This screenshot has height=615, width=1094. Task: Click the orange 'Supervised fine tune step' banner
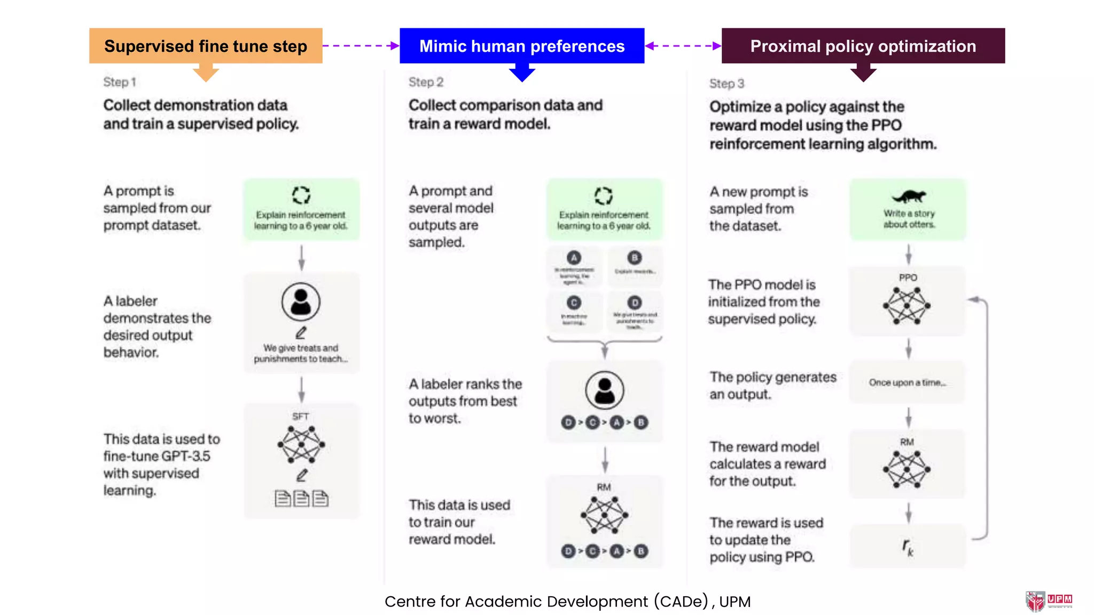pos(206,46)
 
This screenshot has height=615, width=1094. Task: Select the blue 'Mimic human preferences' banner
pos(521,46)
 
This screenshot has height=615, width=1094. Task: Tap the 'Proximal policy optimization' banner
pos(863,46)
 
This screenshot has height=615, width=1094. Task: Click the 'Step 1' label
pos(120,82)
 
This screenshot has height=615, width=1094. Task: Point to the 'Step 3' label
pos(726,84)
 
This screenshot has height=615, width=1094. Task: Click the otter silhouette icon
pos(909,196)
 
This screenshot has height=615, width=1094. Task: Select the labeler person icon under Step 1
pos(301,302)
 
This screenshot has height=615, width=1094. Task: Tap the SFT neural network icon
pos(301,444)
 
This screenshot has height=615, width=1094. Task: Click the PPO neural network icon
pos(907,306)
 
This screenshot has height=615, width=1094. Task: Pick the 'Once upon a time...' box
pos(907,383)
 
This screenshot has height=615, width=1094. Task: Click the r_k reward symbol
pos(908,547)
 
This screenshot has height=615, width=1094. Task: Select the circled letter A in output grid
pos(574,258)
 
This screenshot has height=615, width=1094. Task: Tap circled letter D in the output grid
pos(634,303)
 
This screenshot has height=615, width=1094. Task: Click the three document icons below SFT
pos(301,499)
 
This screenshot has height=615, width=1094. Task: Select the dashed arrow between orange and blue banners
pos(361,46)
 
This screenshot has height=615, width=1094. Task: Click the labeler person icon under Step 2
pos(604,390)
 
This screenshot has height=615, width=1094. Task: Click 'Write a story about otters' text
pos(909,219)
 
